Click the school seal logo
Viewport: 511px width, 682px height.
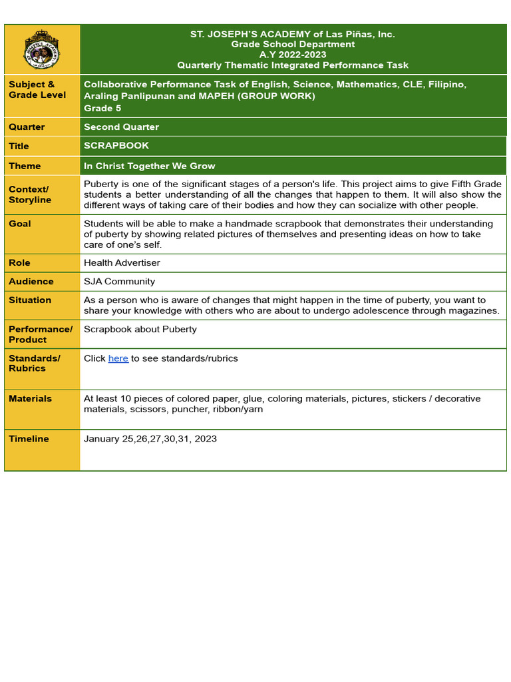click(42, 49)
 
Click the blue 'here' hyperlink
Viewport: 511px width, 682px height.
click(118, 358)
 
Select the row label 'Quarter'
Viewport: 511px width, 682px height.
click(27, 127)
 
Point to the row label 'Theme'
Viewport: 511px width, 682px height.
click(25, 166)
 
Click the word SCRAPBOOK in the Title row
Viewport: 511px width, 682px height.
click(116, 145)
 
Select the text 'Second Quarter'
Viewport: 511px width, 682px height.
click(121, 127)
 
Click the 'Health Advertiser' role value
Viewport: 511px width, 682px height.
click(122, 262)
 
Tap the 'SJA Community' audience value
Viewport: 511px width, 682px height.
click(119, 281)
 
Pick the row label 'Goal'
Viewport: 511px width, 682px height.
click(20, 224)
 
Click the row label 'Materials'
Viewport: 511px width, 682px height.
click(30, 398)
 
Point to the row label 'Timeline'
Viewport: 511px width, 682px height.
click(29, 438)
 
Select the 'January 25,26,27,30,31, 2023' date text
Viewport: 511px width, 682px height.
click(150, 438)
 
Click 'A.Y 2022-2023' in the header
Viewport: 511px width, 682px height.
click(293, 55)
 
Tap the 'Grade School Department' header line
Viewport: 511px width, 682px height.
click(293, 44)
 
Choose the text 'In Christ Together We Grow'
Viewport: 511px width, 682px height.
click(149, 166)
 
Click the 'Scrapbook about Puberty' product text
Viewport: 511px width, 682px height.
click(140, 329)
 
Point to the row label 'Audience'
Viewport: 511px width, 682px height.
click(31, 281)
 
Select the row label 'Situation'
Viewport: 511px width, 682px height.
click(30, 300)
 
